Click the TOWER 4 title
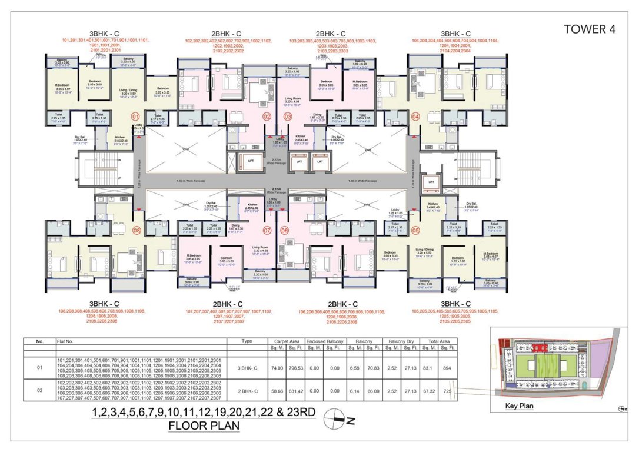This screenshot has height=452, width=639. tap(591, 29)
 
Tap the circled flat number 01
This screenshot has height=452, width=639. tap(135, 117)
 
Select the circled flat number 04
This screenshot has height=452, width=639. tap(416, 117)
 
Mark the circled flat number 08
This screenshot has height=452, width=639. tap(137, 230)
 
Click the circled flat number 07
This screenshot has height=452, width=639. tap(267, 230)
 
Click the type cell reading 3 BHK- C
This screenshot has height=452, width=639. tap(247, 368)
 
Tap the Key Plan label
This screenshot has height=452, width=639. tap(520, 406)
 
